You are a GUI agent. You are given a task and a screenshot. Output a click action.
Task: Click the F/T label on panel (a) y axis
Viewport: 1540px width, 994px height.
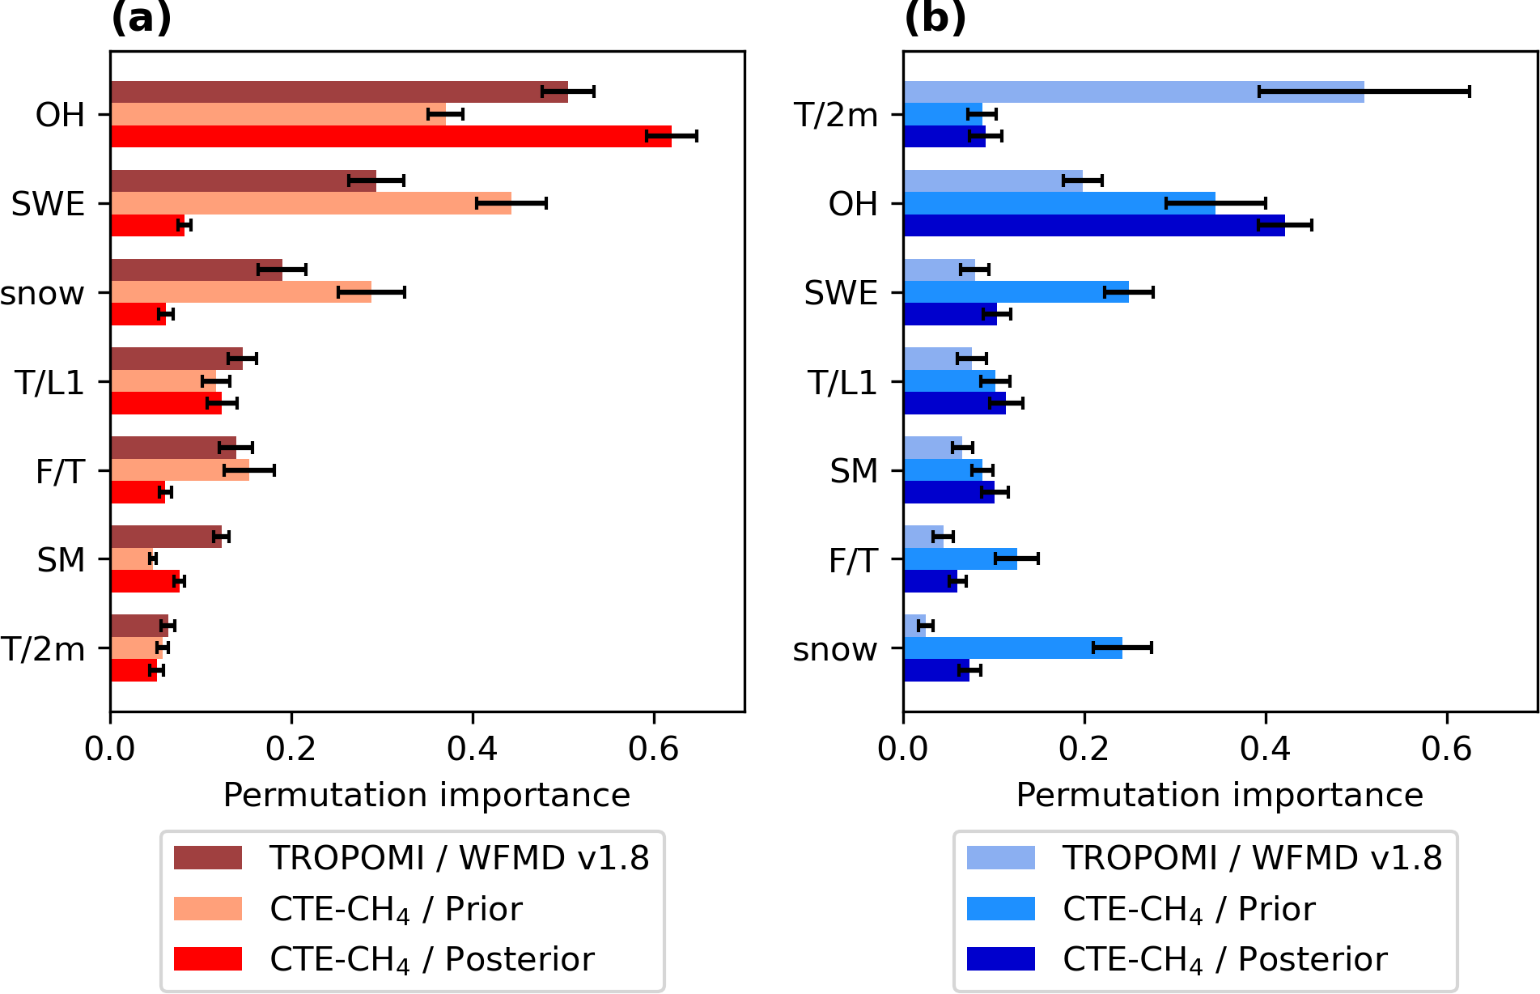[x=60, y=471]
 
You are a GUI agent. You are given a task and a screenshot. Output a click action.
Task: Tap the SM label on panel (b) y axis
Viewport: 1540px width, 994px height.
[x=854, y=471]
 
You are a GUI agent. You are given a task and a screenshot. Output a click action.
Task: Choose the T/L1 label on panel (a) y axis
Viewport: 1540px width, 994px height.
[x=49, y=382]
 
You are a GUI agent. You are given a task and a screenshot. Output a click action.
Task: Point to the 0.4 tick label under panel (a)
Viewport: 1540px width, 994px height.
[x=472, y=749]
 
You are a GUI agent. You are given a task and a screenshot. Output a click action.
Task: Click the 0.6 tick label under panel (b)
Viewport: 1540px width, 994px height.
[x=1446, y=749]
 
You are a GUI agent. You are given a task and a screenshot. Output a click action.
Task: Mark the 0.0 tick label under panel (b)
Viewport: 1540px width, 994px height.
[x=903, y=749]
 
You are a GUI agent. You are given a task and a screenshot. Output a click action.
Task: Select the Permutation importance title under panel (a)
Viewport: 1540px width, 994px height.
[x=426, y=795]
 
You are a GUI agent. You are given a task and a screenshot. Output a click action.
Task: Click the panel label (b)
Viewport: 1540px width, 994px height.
[x=935, y=18]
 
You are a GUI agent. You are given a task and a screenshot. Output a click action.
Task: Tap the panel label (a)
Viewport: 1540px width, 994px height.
[x=142, y=18]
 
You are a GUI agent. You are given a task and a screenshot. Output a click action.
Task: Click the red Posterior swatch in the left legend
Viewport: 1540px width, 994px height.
[x=208, y=958]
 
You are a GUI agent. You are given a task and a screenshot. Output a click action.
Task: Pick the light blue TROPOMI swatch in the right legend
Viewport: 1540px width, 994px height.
[x=1001, y=858]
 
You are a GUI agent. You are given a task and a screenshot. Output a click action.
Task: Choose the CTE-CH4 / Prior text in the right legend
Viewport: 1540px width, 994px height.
[x=1189, y=909]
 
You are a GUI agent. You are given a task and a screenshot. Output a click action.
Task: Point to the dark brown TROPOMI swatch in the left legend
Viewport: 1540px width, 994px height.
[x=208, y=858]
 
